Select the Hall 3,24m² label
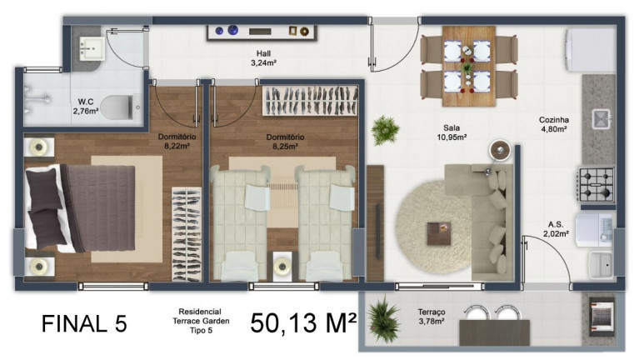click(263, 57)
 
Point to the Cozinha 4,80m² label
click(552, 124)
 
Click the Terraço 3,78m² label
click(431, 317)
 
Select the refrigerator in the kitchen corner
click(590, 49)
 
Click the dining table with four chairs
click(457, 65)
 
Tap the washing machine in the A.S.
click(595, 227)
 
